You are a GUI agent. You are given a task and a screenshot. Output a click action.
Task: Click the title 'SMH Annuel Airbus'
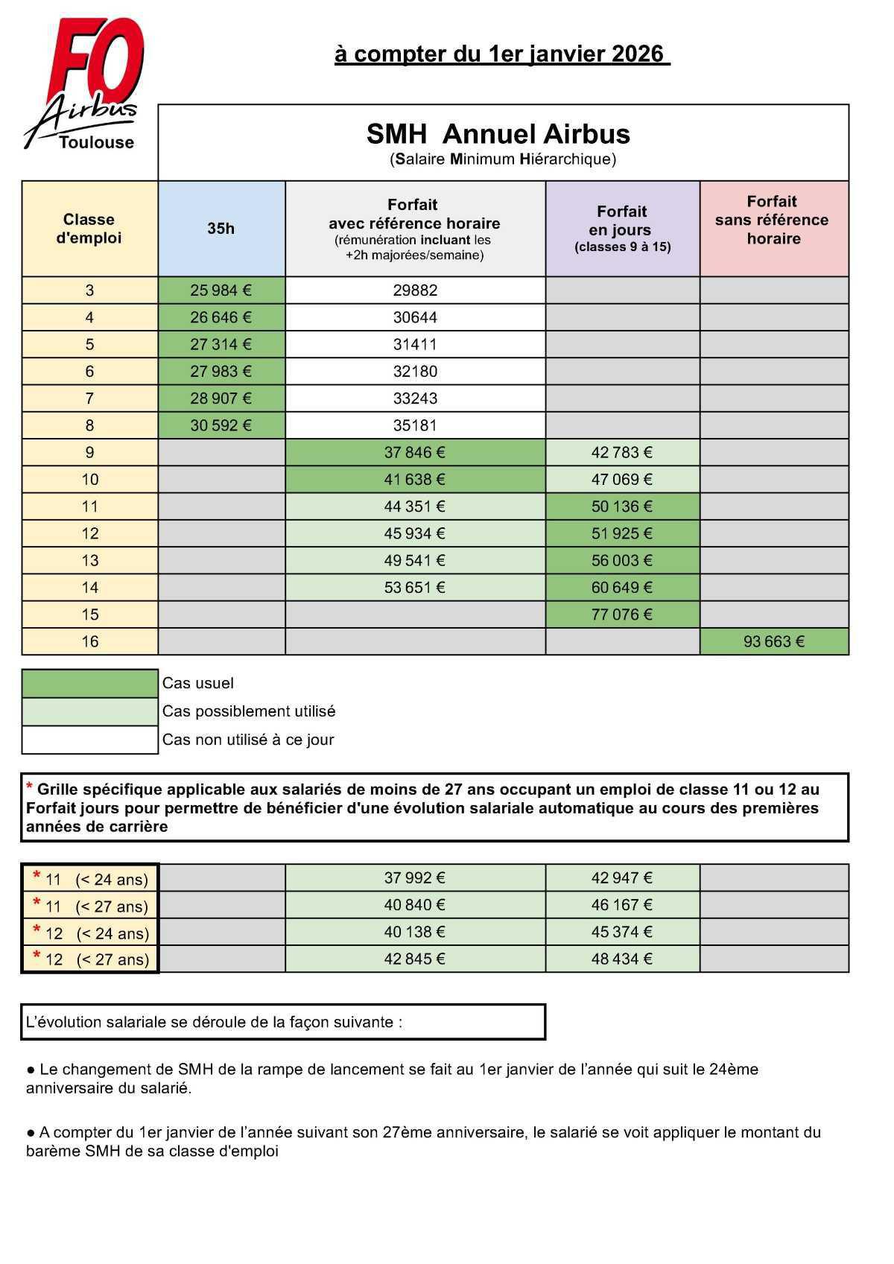tap(498, 134)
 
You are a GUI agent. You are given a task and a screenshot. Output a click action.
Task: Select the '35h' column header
tap(221, 229)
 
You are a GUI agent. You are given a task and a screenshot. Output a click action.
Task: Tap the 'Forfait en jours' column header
tap(622, 229)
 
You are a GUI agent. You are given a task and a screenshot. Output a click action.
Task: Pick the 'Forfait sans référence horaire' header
tap(773, 220)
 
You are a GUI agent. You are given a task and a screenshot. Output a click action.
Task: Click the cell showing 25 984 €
tap(221, 290)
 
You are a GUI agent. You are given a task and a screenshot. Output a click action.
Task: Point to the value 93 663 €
tap(773, 641)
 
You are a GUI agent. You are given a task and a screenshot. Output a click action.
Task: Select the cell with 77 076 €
tap(621, 614)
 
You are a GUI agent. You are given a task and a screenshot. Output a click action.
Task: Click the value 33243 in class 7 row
tap(415, 398)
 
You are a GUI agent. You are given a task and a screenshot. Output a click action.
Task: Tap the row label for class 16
tap(89, 641)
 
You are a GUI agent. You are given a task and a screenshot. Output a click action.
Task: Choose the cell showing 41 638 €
tap(415, 480)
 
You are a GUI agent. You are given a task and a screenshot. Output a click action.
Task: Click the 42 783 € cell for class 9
tap(621, 452)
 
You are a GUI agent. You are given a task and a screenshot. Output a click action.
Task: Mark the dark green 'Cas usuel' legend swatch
tap(89, 683)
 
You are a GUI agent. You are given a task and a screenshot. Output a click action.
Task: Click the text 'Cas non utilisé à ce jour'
tap(248, 740)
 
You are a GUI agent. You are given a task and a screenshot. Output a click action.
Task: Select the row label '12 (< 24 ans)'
tap(90, 933)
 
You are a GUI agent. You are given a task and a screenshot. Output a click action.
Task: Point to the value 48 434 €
tap(621, 959)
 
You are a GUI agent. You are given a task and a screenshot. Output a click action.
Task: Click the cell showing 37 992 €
tap(415, 878)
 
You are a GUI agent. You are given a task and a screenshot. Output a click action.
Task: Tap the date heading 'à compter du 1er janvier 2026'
tap(501, 54)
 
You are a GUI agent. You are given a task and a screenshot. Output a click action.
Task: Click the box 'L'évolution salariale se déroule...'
tap(283, 1022)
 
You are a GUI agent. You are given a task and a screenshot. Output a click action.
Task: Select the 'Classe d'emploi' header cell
tap(89, 229)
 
